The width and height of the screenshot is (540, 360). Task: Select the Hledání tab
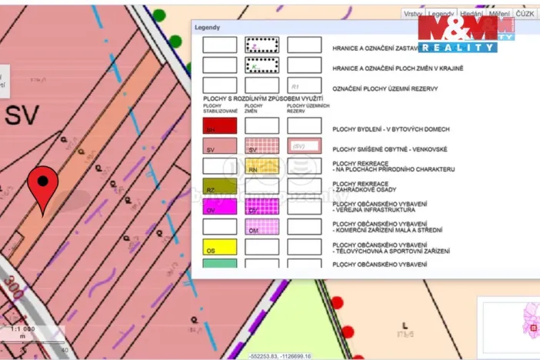[x=470, y=14]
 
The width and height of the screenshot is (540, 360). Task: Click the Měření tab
[x=498, y=14]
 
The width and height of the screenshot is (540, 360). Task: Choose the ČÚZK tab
[x=525, y=14]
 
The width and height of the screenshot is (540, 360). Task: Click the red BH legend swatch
[x=219, y=126]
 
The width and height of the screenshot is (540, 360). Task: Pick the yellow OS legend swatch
[x=219, y=247]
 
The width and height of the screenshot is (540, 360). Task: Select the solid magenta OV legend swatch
[x=219, y=206]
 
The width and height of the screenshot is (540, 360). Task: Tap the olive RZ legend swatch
[x=219, y=186]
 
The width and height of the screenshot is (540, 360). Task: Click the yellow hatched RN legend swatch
[x=262, y=166]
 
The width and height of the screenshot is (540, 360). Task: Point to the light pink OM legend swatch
[x=262, y=226]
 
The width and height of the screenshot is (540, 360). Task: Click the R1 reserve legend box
[x=304, y=85]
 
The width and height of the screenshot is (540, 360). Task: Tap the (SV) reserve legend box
[x=304, y=145]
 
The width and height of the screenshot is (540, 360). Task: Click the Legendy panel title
[x=207, y=27]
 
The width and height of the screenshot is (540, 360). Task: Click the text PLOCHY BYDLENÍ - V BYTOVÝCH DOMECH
[x=391, y=129]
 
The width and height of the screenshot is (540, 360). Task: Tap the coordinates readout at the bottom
[x=280, y=356]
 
